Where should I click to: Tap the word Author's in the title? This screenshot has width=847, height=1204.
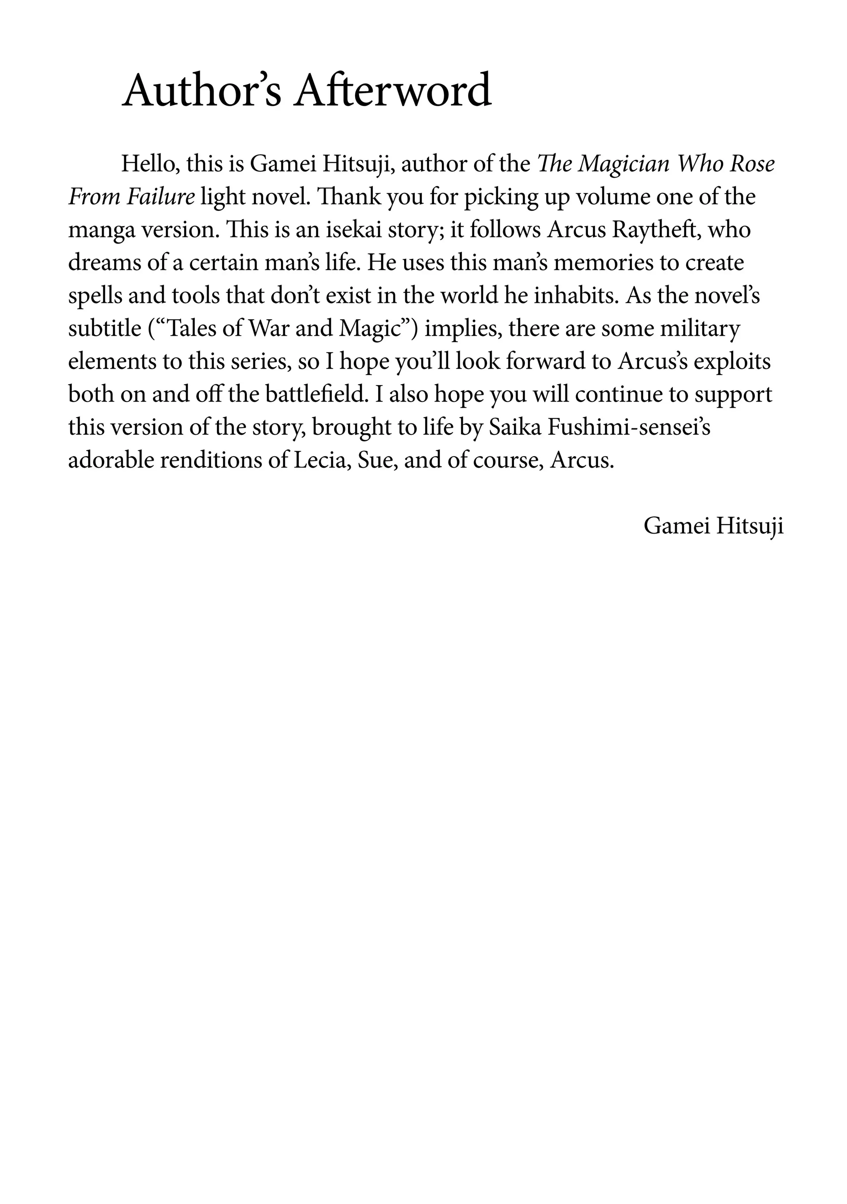coord(202,90)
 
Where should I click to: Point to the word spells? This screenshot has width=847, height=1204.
coord(94,296)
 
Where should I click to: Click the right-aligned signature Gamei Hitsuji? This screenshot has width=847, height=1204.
coord(713,526)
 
